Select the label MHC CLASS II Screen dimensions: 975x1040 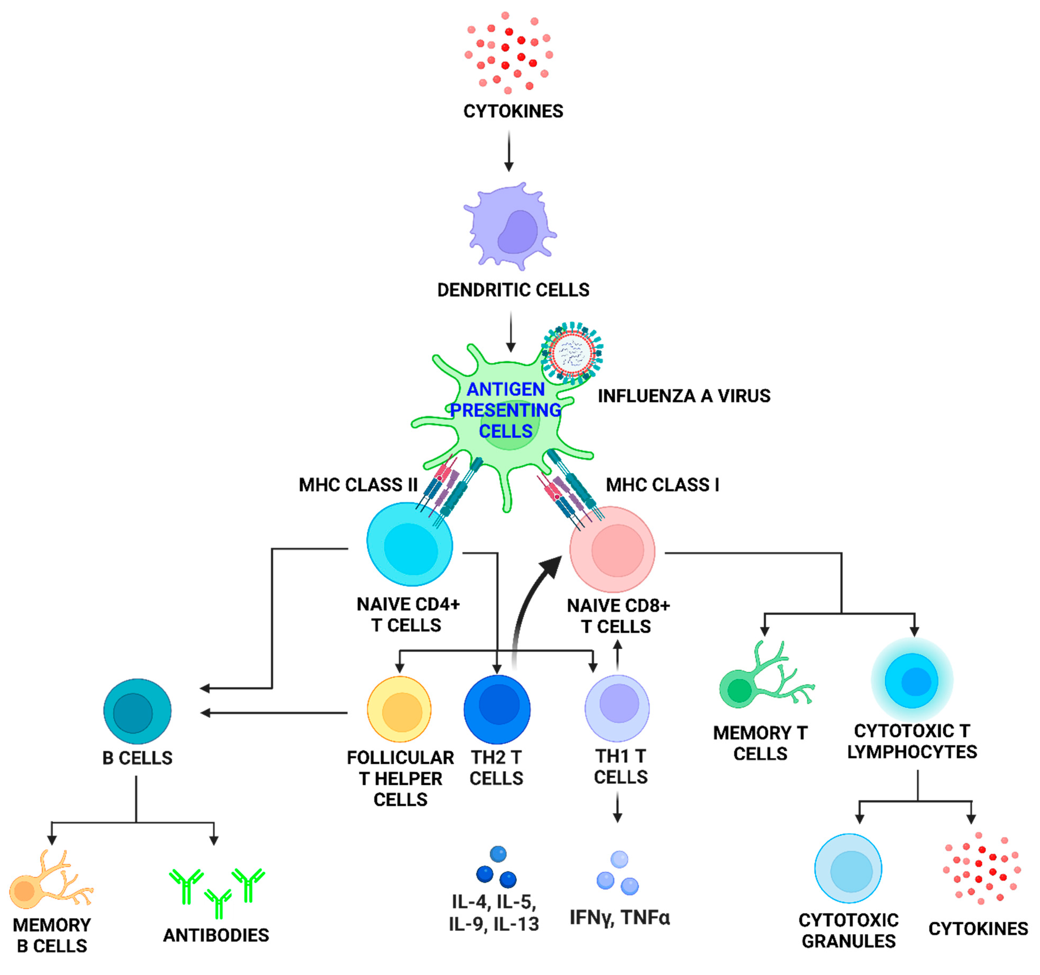pyautogui.click(x=358, y=485)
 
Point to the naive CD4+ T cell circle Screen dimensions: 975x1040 pyautogui.click(x=410, y=544)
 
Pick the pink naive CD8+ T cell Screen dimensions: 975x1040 pyautogui.click(x=612, y=549)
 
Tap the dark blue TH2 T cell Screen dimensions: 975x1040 pyautogui.click(x=497, y=709)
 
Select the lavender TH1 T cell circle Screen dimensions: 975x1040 pyautogui.click(x=617, y=707)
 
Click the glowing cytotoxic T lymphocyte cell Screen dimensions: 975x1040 pyautogui.click(x=912, y=680)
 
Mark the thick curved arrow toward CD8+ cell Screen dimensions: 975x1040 pyautogui.click(x=528, y=607)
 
